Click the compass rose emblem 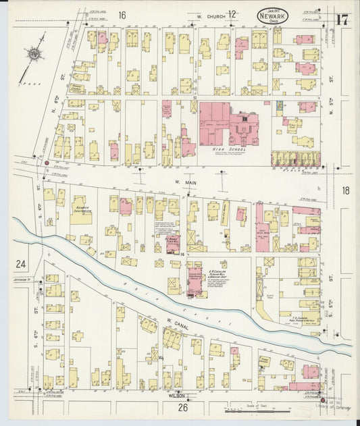32,52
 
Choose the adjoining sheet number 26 182,407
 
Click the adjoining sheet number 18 346,191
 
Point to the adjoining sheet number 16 122,14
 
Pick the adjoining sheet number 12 232,14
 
